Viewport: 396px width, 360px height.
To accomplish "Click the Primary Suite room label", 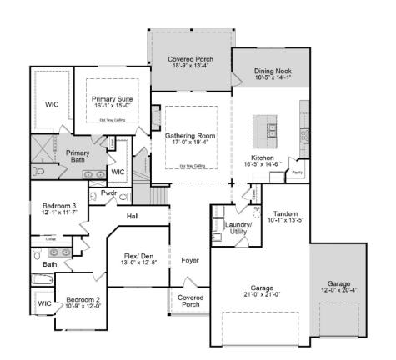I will (x=112, y=99).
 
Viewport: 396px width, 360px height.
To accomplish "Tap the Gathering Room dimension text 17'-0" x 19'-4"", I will (x=192, y=142).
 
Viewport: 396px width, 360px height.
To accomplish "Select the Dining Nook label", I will (x=272, y=72).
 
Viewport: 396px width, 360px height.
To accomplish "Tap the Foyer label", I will (x=190, y=260).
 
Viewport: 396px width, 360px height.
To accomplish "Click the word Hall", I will (x=133, y=216).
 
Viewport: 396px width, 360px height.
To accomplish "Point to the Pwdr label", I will (x=108, y=192).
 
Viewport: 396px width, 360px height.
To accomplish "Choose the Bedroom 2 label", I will (x=83, y=299).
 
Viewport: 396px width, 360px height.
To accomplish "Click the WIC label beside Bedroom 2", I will (x=43, y=304).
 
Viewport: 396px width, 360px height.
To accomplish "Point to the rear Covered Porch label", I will (x=190, y=60).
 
